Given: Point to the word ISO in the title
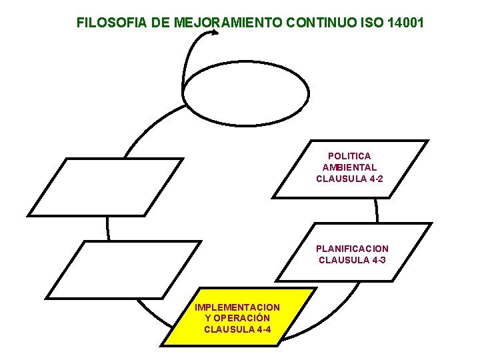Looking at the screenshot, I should point(367,23).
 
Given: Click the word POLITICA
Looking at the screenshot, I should point(349,156).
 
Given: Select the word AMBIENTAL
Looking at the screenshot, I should point(349,167).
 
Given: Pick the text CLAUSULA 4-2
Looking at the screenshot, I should point(349,179).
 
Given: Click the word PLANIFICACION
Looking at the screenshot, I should point(352,249).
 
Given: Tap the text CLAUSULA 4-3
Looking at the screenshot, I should point(352,260).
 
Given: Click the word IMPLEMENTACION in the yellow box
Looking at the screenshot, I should point(237,307).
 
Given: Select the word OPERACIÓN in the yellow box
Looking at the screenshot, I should point(242,318).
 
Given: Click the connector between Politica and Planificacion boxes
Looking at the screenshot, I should point(377,210).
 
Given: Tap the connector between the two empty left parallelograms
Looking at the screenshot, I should point(107,228).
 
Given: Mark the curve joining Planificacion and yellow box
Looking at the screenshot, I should point(333,317).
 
